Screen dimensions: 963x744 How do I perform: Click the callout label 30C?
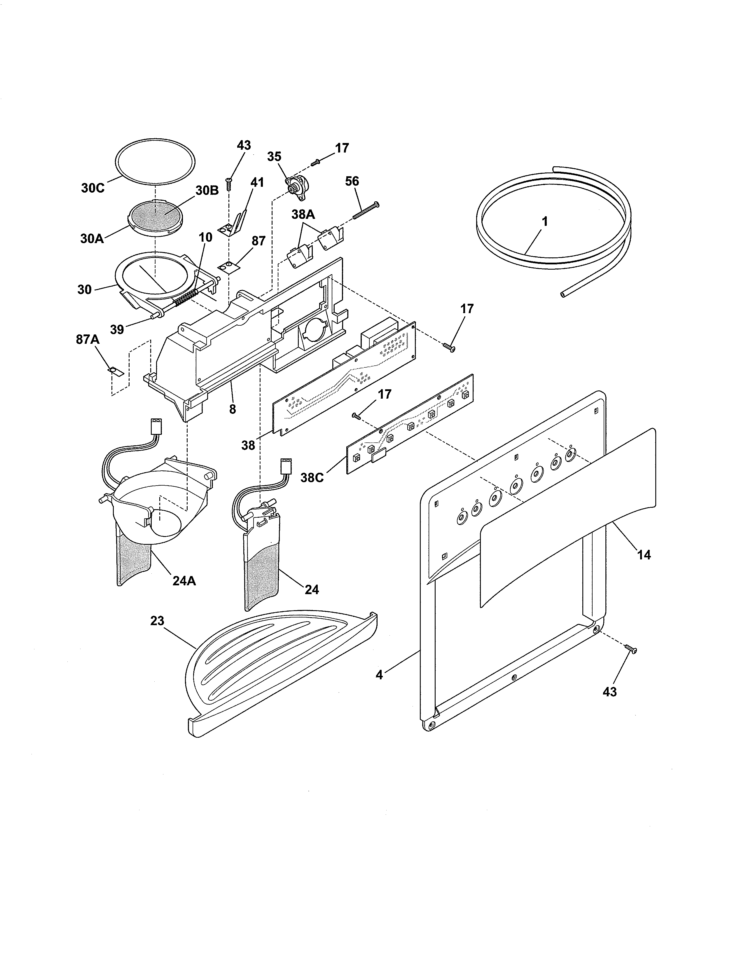pos(92,188)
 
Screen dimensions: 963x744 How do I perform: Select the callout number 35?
pos(274,156)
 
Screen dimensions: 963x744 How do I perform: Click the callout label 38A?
pos(303,215)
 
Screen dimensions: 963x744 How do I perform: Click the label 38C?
pos(312,477)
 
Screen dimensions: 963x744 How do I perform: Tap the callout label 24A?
pos(184,581)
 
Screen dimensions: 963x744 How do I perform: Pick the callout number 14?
pos(644,555)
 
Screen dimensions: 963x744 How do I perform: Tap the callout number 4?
pos(379,675)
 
